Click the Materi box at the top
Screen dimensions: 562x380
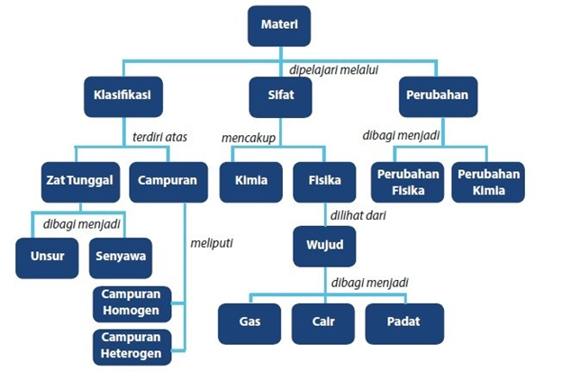tap(279, 26)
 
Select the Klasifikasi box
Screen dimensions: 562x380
tap(123, 96)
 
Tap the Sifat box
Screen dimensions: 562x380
tap(280, 97)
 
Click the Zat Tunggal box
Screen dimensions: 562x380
tap(81, 182)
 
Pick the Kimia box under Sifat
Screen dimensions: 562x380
tap(251, 182)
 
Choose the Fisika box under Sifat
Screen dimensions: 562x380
tap(324, 182)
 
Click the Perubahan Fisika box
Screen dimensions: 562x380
tap(407, 182)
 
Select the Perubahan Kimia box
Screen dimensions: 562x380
tap(488, 182)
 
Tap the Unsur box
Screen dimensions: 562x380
tap(47, 258)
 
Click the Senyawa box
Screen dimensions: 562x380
tap(121, 258)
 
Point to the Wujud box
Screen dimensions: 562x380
tap(324, 247)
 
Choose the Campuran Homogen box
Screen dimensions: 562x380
tap(131, 304)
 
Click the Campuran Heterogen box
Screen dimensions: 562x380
tap(131, 347)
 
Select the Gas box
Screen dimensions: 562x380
tap(249, 323)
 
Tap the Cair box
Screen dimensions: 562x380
tap(323, 323)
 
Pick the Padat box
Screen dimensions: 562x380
tap(404, 323)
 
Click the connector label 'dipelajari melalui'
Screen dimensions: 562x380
tap(333, 70)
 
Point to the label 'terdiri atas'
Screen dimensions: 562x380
tap(159, 137)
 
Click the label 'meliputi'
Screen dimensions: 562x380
tap(212, 243)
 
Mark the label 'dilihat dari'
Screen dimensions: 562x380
tap(358, 215)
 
